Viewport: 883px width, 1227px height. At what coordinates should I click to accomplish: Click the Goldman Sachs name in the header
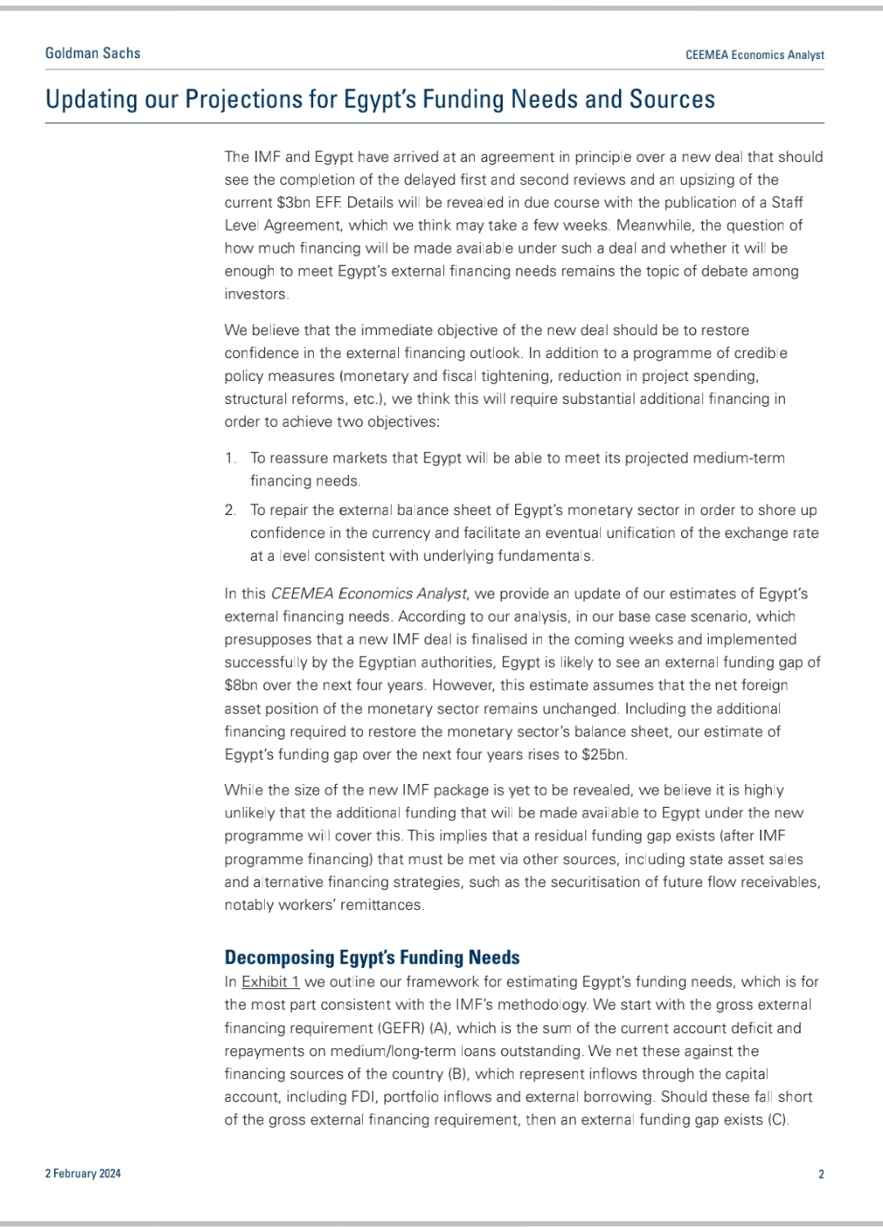[92, 53]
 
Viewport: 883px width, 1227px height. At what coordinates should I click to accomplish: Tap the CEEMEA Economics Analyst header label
[755, 55]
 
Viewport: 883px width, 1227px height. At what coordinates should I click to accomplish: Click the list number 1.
[230, 459]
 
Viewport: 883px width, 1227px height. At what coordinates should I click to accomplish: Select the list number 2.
[231, 510]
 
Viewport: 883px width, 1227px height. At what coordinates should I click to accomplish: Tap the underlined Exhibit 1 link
[271, 982]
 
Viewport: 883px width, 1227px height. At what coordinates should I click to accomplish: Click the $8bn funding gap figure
[241, 686]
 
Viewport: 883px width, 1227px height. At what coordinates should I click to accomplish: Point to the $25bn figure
[604, 755]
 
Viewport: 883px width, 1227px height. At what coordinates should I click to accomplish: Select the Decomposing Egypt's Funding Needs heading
[372, 957]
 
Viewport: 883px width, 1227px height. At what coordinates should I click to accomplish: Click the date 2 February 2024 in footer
[83, 1174]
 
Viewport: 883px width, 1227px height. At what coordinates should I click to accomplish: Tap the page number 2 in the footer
[821, 1175]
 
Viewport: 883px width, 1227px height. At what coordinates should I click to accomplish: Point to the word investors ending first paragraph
[256, 294]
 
